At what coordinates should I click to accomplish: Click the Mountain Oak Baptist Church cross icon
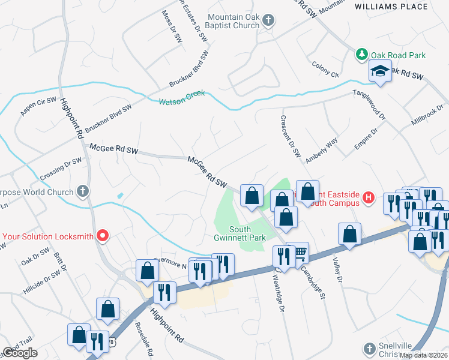268,21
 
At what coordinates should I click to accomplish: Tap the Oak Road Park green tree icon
362,55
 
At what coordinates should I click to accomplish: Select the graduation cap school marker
380,72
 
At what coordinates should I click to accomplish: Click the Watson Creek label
181,97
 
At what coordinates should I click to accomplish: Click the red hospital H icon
369,197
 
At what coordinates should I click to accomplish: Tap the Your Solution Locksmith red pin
102,236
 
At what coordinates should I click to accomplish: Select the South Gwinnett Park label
247,233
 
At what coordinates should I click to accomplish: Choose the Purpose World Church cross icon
83,191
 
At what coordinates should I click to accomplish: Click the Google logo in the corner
20,353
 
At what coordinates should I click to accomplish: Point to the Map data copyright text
423,355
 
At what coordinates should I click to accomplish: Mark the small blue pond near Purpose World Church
120,196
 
